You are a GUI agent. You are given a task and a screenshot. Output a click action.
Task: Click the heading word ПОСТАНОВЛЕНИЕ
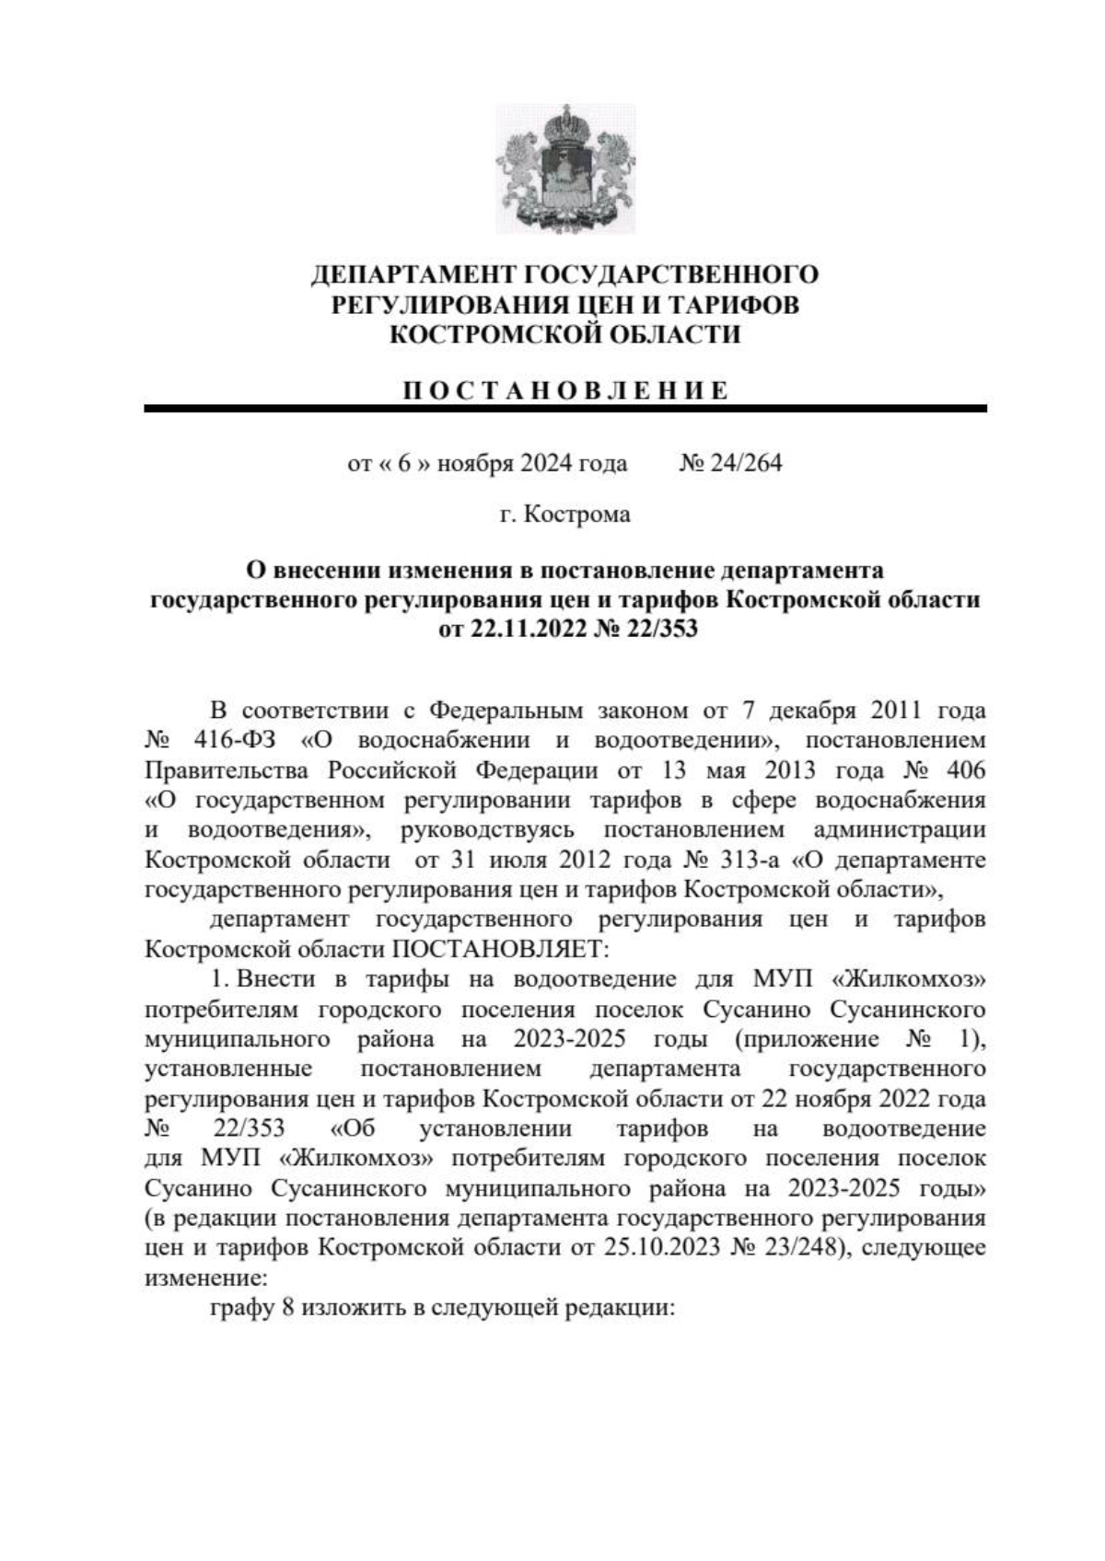(565, 390)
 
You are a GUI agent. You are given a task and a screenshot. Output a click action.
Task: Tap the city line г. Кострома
(564, 514)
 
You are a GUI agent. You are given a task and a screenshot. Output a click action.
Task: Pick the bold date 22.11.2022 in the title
(522, 630)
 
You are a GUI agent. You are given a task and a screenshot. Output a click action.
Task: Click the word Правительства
(230, 769)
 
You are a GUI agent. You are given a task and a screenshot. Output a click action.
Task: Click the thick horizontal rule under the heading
(565, 408)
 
